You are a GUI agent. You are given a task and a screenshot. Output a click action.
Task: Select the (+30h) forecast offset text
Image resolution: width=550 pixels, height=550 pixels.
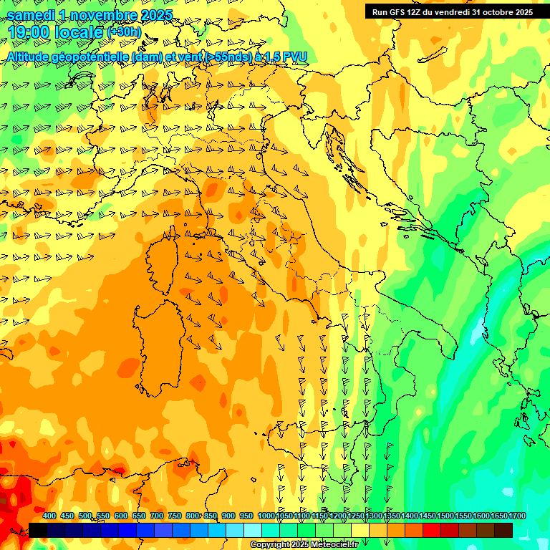pyautogui.click(x=123, y=32)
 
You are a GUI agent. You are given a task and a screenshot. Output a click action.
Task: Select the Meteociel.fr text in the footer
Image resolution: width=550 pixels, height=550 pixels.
pyautogui.click(x=335, y=545)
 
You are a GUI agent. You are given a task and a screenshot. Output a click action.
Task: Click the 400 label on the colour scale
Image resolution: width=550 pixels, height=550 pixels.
pyautogui.click(x=49, y=516)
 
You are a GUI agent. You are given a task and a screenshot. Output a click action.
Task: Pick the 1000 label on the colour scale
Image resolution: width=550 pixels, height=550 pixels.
pyautogui.click(x=266, y=516)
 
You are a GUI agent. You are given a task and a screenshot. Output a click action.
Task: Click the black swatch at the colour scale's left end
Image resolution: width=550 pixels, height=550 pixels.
pyautogui.click(x=38, y=530)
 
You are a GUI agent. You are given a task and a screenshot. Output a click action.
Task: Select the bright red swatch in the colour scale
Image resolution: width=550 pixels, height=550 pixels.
pyautogui.click(x=432, y=530)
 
